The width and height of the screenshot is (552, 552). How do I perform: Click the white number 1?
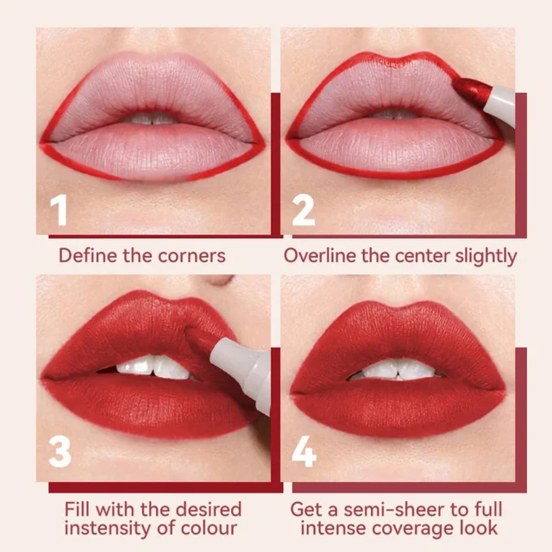pyautogui.click(x=59, y=210)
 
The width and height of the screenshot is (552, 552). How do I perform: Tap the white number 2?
pyautogui.click(x=304, y=210)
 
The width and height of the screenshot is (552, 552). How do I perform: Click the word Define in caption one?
pyautogui.click(x=87, y=255)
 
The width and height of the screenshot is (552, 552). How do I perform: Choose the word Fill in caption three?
pyautogui.click(x=81, y=508)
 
